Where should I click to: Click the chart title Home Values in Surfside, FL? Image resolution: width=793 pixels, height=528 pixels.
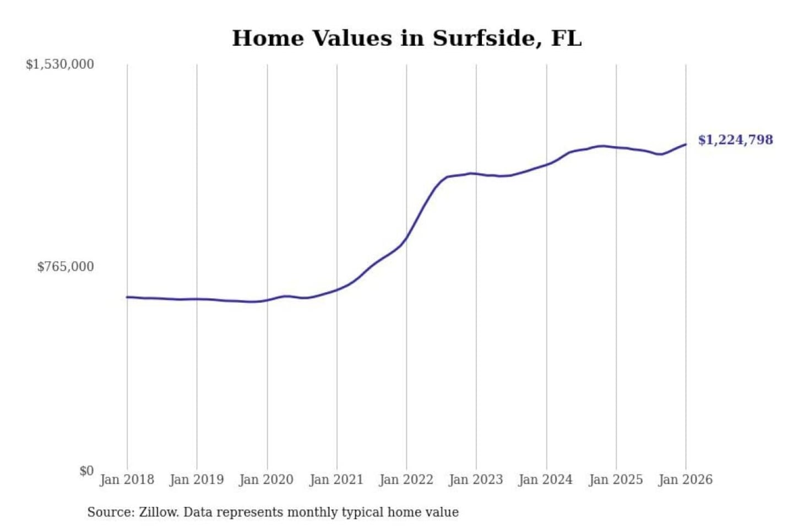[406, 38]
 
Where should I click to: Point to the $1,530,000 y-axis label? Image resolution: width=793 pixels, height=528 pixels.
[60, 64]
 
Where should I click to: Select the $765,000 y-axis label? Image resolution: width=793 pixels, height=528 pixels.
[66, 267]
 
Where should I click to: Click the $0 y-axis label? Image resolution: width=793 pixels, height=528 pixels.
[86, 471]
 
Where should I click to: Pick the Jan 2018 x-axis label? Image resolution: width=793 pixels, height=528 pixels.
[127, 480]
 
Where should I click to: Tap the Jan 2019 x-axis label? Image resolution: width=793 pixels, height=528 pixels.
[197, 480]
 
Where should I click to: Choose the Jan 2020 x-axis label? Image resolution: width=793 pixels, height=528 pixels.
[267, 480]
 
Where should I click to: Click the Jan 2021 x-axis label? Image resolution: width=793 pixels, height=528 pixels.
[336, 480]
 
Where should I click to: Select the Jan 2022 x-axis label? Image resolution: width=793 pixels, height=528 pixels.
[406, 480]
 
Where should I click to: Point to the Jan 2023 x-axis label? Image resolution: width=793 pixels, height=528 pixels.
[476, 480]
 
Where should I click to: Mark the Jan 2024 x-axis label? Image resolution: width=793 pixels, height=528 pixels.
[546, 480]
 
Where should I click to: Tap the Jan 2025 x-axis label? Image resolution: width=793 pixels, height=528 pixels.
[616, 480]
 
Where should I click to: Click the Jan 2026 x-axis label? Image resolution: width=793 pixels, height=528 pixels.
[686, 480]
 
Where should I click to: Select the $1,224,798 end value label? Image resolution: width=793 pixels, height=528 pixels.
[736, 140]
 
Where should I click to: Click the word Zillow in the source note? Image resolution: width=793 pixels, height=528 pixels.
[159, 512]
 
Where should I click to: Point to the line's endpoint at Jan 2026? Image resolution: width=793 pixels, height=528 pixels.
[686, 144]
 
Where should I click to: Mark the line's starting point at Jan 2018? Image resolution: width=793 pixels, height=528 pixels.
[127, 297]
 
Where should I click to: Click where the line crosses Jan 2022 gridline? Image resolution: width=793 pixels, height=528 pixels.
[407, 238]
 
